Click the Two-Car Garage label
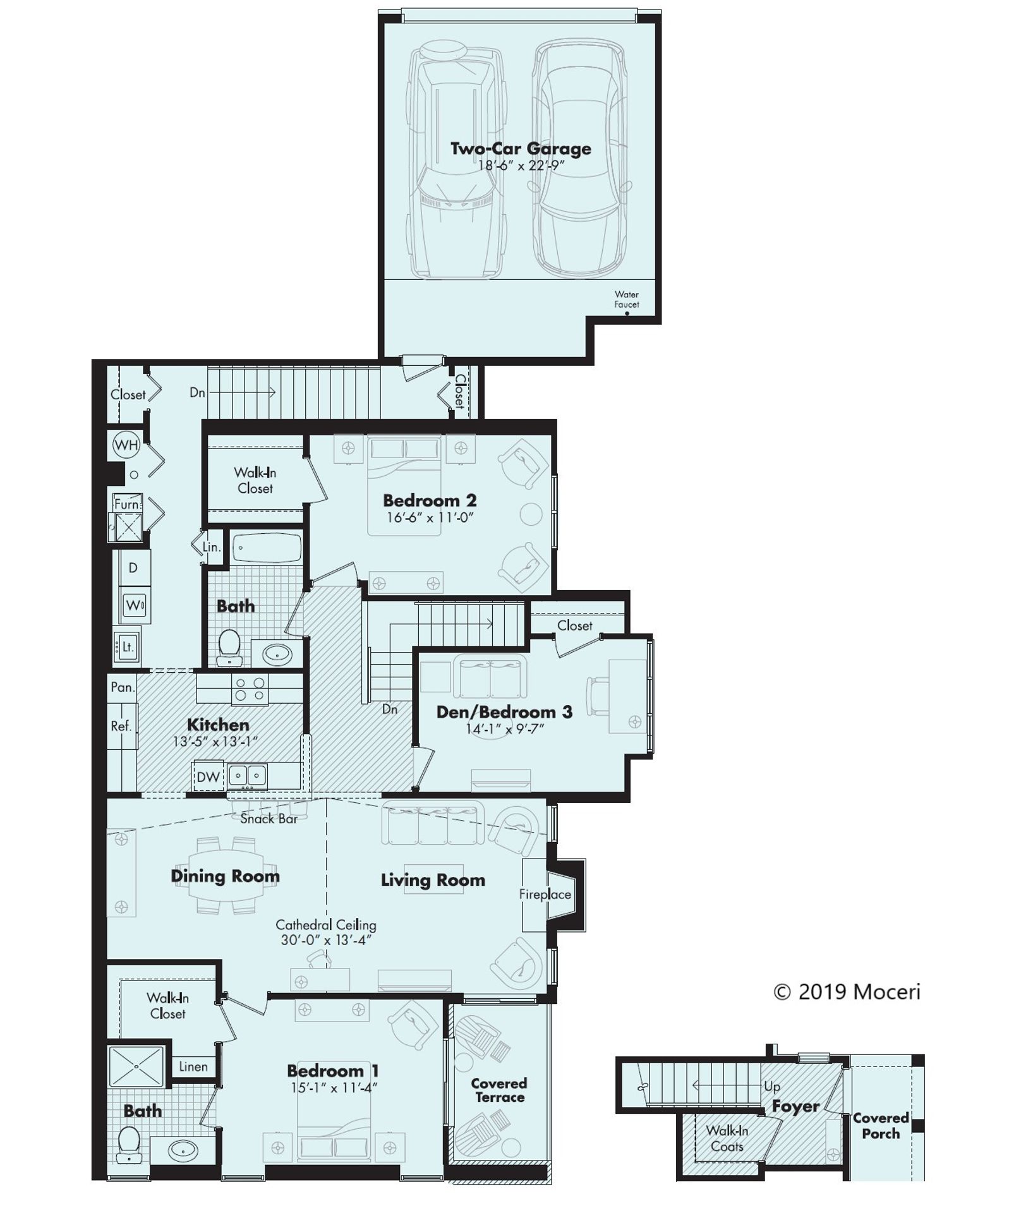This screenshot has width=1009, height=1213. point(520,149)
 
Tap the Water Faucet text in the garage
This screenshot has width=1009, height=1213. point(626,299)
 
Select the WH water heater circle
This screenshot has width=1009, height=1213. point(126,445)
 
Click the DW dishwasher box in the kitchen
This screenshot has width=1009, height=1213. point(207,777)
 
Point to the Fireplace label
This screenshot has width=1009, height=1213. point(545,894)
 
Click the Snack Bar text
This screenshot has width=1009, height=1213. point(269,819)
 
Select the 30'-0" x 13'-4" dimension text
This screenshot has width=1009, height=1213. point(325,939)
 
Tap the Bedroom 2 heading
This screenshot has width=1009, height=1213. point(429,501)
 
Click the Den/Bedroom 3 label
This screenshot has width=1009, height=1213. point(504,712)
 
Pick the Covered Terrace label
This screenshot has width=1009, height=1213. point(499,1090)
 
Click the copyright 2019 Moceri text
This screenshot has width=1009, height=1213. point(847,992)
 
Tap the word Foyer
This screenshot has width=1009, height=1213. point(795,1106)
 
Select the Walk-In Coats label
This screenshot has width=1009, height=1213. point(727,1138)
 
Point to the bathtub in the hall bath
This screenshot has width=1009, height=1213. point(267,547)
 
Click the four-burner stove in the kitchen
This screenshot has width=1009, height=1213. point(250,689)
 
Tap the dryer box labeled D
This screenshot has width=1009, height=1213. point(133,567)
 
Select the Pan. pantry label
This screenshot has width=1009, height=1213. point(122,687)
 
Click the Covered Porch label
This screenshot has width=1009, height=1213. point(880,1125)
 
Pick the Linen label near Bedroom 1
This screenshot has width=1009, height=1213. point(193,1066)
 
